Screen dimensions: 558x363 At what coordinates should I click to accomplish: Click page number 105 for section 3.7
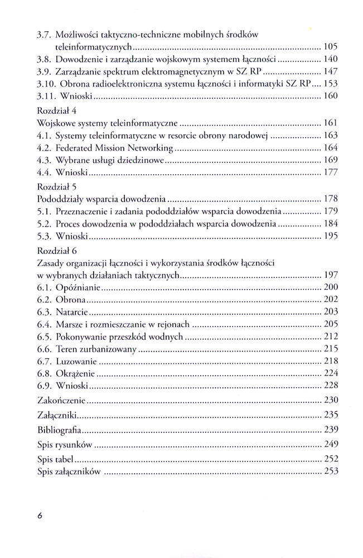(x=331, y=46)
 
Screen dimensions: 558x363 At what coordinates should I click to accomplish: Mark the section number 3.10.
(x=46, y=84)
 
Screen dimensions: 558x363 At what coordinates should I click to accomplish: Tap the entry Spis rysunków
(x=65, y=445)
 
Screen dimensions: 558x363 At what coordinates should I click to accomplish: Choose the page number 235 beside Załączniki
(x=331, y=415)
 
